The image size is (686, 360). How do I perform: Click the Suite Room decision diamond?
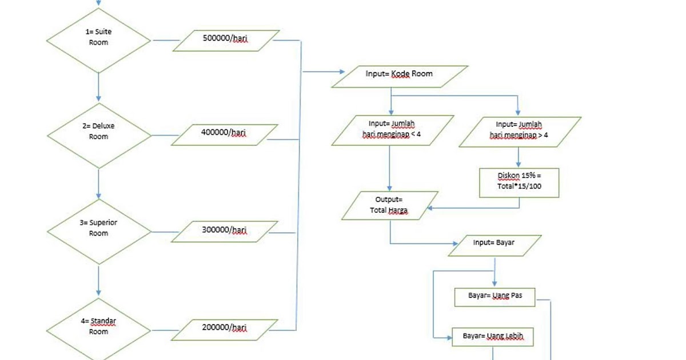(98, 41)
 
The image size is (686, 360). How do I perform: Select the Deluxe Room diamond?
(98, 135)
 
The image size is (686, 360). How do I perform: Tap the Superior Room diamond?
(98, 231)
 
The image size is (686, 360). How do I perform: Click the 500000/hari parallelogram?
(225, 41)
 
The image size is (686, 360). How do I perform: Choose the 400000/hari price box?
(224, 135)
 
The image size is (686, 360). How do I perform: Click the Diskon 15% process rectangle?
(519, 182)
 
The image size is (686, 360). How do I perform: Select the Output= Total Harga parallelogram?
(389, 206)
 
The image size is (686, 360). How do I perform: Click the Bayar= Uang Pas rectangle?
(495, 297)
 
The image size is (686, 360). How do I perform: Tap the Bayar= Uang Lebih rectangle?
(493, 337)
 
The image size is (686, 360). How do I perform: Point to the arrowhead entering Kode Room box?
(341, 72)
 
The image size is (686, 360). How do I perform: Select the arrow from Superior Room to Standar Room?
(98, 281)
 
